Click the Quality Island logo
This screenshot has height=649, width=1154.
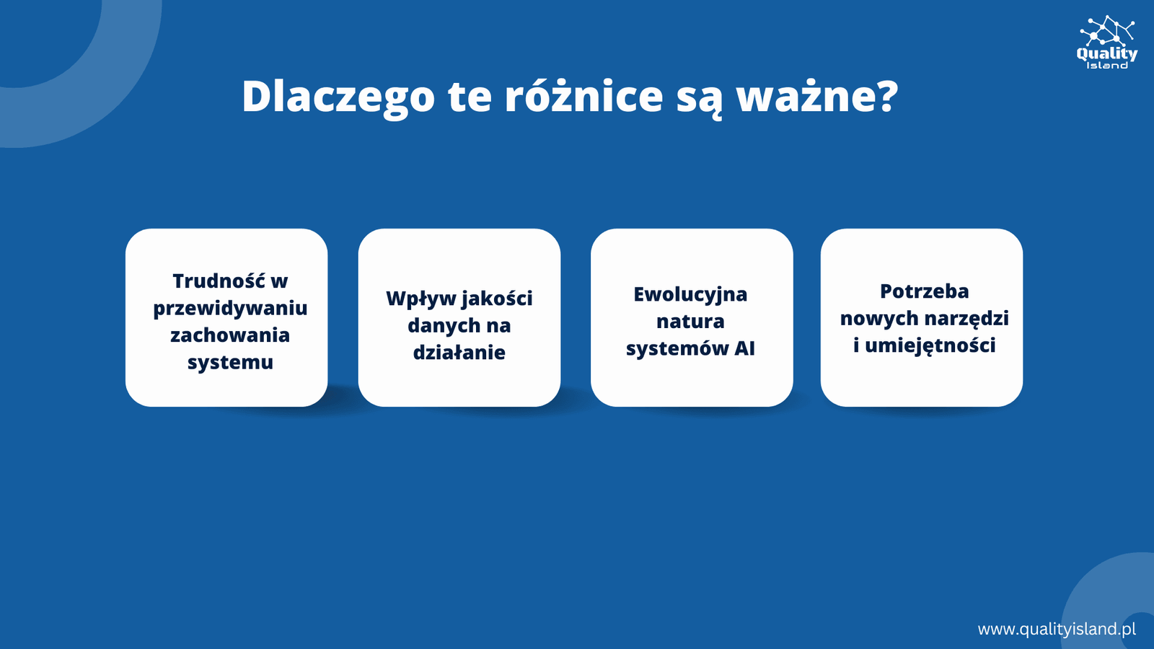[x=1106, y=43]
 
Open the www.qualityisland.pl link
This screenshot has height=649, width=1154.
[x=1057, y=629]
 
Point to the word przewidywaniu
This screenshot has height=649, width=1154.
[x=230, y=309]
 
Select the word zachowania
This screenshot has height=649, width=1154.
[x=230, y=335]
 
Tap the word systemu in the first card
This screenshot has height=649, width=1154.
[x=230, y=362]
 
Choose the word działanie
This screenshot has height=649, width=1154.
[x=459, y=353]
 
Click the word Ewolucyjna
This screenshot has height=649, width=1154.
[x=690, y=295]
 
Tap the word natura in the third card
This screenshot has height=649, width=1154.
[x=690, y=322]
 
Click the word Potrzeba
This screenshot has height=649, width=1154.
[x=924, y=291]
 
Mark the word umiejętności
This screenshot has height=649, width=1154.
[x=930, y=345]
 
